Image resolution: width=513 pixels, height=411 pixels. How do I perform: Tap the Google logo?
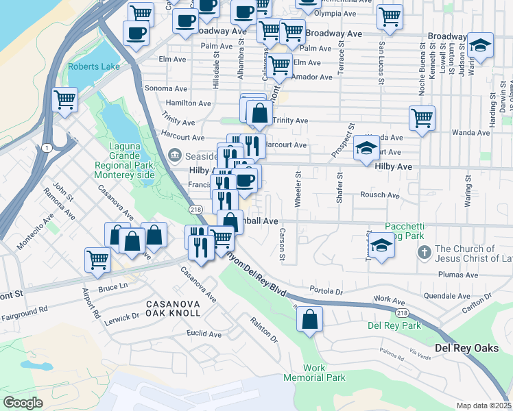coord(23,402)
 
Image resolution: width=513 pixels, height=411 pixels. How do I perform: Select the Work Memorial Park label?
coord(315,373)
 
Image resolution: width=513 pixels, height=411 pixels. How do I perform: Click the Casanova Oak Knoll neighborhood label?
coord(173,308)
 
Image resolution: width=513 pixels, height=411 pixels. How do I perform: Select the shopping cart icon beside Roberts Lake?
coord(64,100)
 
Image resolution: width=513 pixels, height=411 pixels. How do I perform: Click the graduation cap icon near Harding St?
coord(481,46)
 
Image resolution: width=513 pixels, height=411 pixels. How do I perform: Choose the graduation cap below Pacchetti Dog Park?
coord(381,245)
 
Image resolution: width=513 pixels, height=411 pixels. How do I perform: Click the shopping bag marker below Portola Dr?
coord(310,319)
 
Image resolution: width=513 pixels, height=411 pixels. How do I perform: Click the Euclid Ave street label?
coord(204,334)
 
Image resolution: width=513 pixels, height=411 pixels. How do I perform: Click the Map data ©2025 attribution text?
coord(483,406)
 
